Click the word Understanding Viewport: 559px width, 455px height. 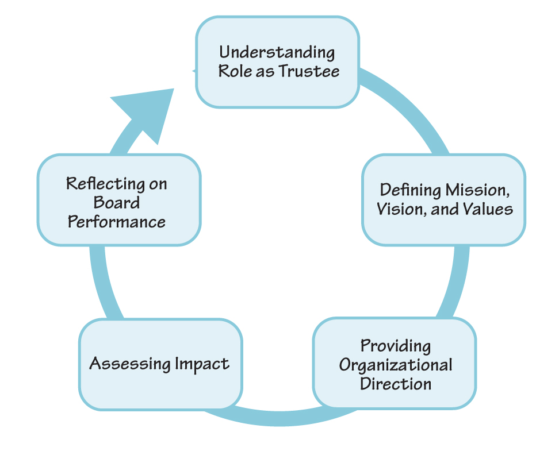click(x=277, y=53)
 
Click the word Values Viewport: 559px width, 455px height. click(x=488, y=209)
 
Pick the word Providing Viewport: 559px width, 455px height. click(x=395, y=346)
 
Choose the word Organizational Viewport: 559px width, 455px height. click(x=395, y=364)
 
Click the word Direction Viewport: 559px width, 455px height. click(x=395, y=383)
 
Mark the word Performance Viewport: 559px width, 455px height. click(x=117, y=222)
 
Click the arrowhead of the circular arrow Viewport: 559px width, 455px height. click(x=147, y=111)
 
